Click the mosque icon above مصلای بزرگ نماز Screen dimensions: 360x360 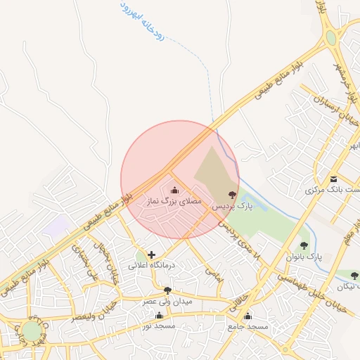coord(174,190)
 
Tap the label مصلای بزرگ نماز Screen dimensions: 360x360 coord(173,201)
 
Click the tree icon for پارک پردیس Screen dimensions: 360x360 coord(232,194)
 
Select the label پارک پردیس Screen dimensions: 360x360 coord(233,206)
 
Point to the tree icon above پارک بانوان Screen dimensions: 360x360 coord(304,245)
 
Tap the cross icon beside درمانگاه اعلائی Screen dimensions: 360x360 coord(151,254)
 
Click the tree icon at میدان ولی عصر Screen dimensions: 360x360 coord(167,290)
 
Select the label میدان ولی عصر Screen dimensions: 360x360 coord(167,301)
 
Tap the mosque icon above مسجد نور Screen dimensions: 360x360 coord(159,315)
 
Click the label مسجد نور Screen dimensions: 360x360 coord(157,326)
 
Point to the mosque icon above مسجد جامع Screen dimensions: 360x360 coord(247,316)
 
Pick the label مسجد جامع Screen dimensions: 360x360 coord(247,327)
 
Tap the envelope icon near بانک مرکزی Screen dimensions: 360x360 coord(333,179)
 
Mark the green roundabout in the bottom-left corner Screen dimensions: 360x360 coord(32,331)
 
